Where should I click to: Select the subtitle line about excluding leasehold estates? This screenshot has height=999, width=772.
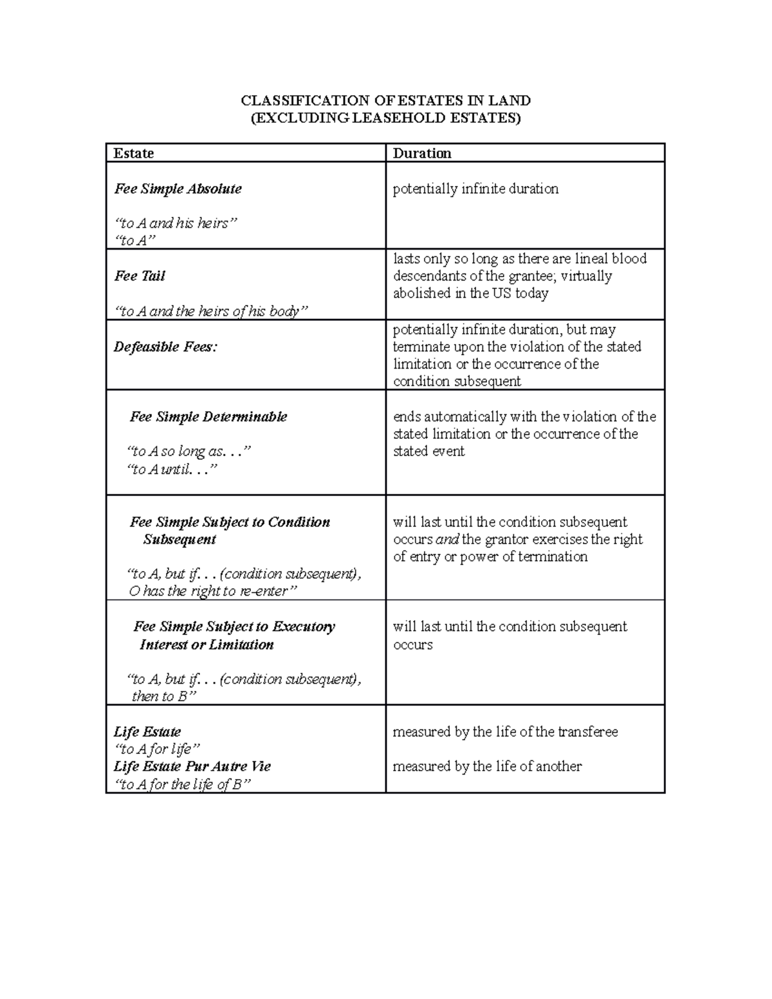tap(385, 118)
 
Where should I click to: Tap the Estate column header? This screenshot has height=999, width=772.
tap(134, 153)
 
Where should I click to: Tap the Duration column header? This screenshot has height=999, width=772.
tap(422, 153)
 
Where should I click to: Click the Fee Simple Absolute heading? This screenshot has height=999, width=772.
tap(178, 189)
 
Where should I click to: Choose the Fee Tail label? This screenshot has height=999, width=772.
tap(140, 276)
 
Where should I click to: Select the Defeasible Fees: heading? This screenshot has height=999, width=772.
tap(166, 347)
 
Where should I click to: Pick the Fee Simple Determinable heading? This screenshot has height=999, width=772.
tap(208, 417)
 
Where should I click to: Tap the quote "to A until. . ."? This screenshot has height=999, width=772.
tap(172, 470)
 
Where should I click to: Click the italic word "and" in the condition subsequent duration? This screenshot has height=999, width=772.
tap(447, 540)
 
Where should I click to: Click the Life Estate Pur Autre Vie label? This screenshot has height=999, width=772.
tap(192, 767)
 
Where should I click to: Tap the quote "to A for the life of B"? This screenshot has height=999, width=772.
tap(181, 784)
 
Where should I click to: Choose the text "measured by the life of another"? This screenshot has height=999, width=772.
tap(487, 767)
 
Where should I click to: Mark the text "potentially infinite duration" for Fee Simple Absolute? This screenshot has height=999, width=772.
tap(475, 189)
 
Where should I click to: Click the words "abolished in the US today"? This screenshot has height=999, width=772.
tap(470, 293)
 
